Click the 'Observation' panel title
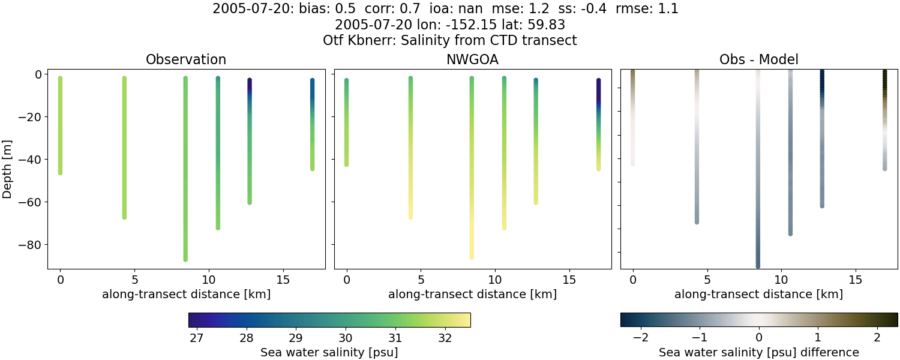[186, 59]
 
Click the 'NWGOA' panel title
[472, 59]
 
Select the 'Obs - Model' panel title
[758, 59]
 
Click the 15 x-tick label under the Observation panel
[283, 280]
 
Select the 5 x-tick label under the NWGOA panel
[421, 280]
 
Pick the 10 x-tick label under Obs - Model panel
[781, 280]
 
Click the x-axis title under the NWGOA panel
[472, 295]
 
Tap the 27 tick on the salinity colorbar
[196, 338]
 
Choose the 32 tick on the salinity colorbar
[445, 338]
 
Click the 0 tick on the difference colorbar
[758, 338]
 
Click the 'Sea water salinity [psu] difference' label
[758, 352]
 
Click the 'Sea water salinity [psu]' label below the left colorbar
[329, 352]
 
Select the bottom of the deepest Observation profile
[185, 259]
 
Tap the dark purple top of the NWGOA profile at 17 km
[598, 81]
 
